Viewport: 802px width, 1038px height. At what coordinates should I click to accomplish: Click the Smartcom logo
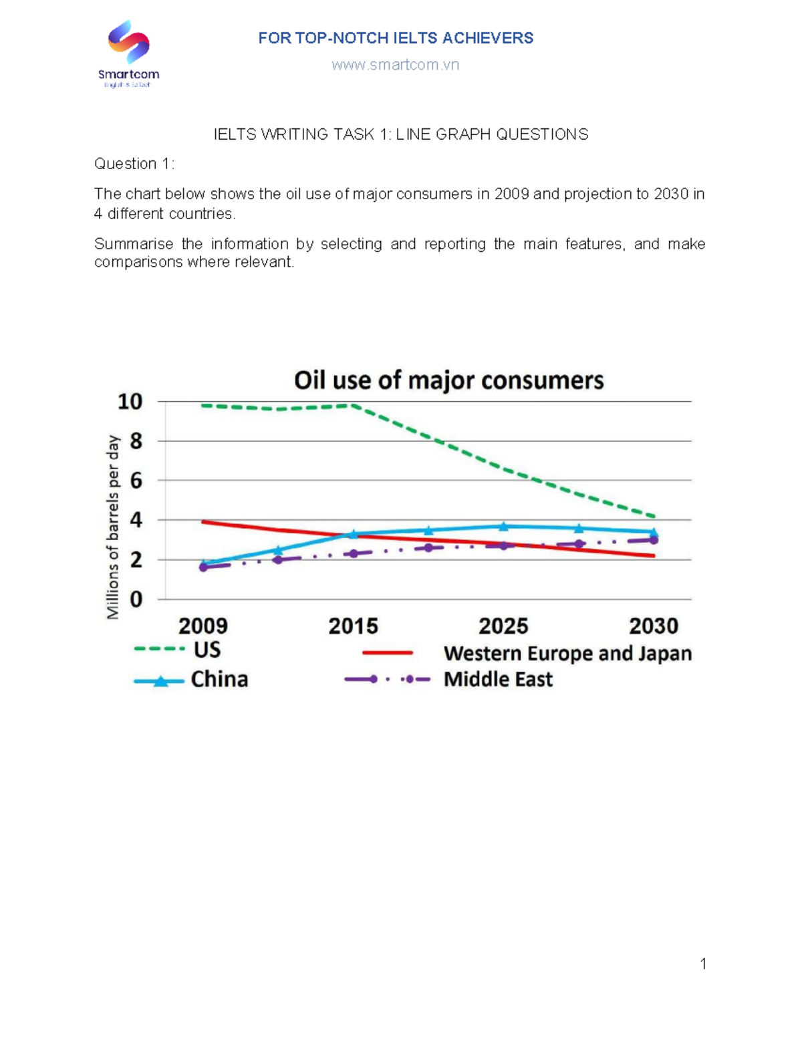point(128,53)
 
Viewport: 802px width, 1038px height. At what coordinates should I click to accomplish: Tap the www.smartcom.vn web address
point(395,65)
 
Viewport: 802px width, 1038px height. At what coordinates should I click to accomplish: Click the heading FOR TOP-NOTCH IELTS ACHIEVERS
point(396,38)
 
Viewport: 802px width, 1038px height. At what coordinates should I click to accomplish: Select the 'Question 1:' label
point(134,164)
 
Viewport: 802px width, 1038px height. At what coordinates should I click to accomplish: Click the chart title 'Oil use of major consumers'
point(448,380)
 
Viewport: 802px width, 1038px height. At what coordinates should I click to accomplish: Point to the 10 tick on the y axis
point(130,402)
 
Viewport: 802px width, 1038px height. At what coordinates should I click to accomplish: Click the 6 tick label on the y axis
point(136,481)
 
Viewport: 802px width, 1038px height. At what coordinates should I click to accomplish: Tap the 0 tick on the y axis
point(136,599)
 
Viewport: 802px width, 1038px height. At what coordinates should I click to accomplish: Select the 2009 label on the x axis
point(203,626)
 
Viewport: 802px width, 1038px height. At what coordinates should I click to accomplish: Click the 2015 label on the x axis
point(353,626)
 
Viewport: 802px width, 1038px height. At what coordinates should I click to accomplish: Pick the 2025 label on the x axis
point(503,626)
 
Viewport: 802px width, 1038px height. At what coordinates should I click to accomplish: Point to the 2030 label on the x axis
point(653,626)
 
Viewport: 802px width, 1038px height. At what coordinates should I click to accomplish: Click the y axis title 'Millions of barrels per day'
point(113,527)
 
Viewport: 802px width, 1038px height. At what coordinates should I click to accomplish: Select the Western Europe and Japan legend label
point(567,653)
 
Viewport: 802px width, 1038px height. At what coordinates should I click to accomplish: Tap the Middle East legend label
point(498,680)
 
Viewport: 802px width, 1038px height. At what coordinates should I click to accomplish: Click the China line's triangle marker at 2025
point(504,527)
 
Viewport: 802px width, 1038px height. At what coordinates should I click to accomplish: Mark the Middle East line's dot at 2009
point(203,567)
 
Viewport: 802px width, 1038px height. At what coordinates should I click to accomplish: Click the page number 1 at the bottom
point(703,963)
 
